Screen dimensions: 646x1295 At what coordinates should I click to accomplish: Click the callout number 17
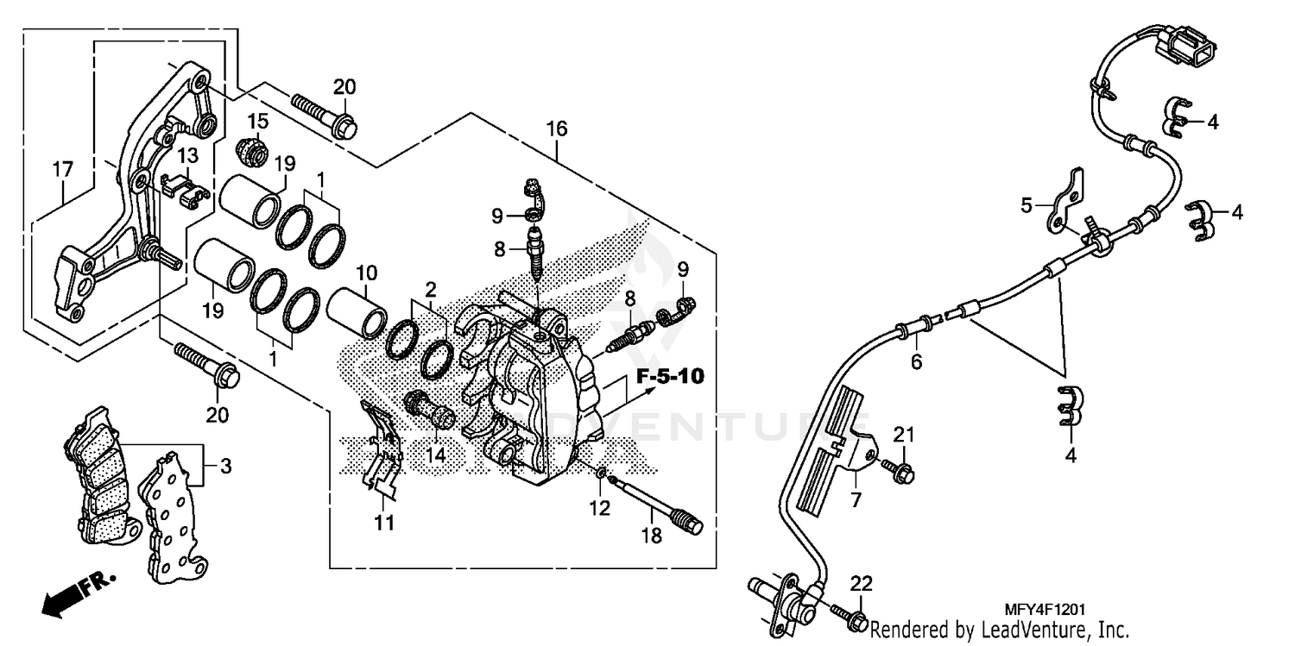pos(62,170)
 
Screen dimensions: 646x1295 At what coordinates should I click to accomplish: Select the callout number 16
pos(557,129)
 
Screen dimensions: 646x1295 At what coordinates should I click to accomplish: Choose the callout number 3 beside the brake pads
pos(225,467)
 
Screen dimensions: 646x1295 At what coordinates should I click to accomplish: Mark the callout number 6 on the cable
pos(916,362)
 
